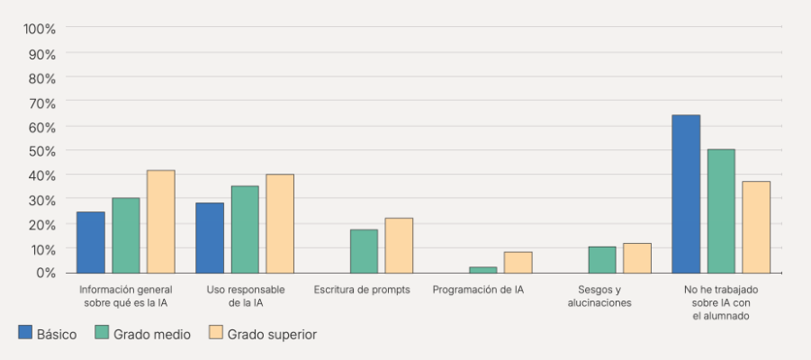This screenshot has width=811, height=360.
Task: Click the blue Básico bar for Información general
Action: pos(91,242)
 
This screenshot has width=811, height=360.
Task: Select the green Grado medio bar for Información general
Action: pos(126,235)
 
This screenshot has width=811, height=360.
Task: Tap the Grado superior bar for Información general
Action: pos(161,221)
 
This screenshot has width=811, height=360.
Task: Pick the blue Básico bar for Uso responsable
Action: pos(210,238)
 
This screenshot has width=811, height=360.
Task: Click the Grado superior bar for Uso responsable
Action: pos(280,223)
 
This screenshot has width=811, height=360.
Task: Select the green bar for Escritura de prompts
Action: pos(364,251)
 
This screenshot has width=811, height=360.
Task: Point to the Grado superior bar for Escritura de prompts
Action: pos(399,245)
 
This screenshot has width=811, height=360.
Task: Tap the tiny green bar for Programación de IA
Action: pos(482,269)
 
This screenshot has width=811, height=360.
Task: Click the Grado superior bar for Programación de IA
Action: pos(518,262)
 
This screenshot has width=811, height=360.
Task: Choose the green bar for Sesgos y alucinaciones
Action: pos(602,259)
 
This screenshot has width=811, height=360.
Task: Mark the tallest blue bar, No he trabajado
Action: pos(686,193)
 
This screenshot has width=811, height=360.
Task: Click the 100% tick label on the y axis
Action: pos(40,29)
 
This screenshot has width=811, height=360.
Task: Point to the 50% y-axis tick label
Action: pos(42,150)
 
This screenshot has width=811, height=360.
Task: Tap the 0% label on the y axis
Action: pos(45,272)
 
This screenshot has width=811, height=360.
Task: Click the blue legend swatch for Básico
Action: pos(25,333)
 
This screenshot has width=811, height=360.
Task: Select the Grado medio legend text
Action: pos(151,334)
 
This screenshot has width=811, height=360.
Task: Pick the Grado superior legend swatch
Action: pos(215,333)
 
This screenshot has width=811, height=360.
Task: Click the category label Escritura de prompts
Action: pos(362,290)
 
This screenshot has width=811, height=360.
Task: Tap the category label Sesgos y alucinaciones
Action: pos(599,296)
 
